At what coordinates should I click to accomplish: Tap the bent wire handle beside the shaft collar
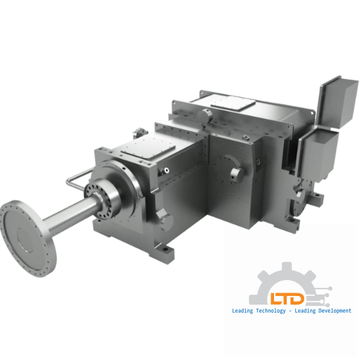(79, 178)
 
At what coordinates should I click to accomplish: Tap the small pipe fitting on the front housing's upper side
(159, 171)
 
